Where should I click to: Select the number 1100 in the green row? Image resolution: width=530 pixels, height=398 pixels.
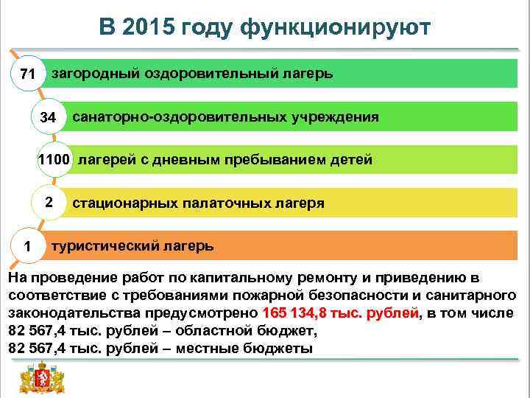[x=54, y=160]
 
